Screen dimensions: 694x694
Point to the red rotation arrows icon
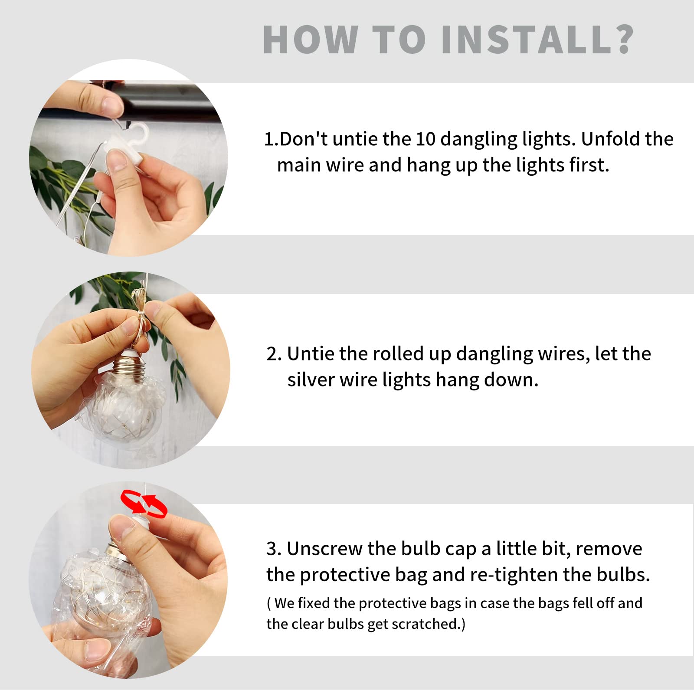click(x=144, y=504)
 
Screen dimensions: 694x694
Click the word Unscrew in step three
click(x=324, y=549)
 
